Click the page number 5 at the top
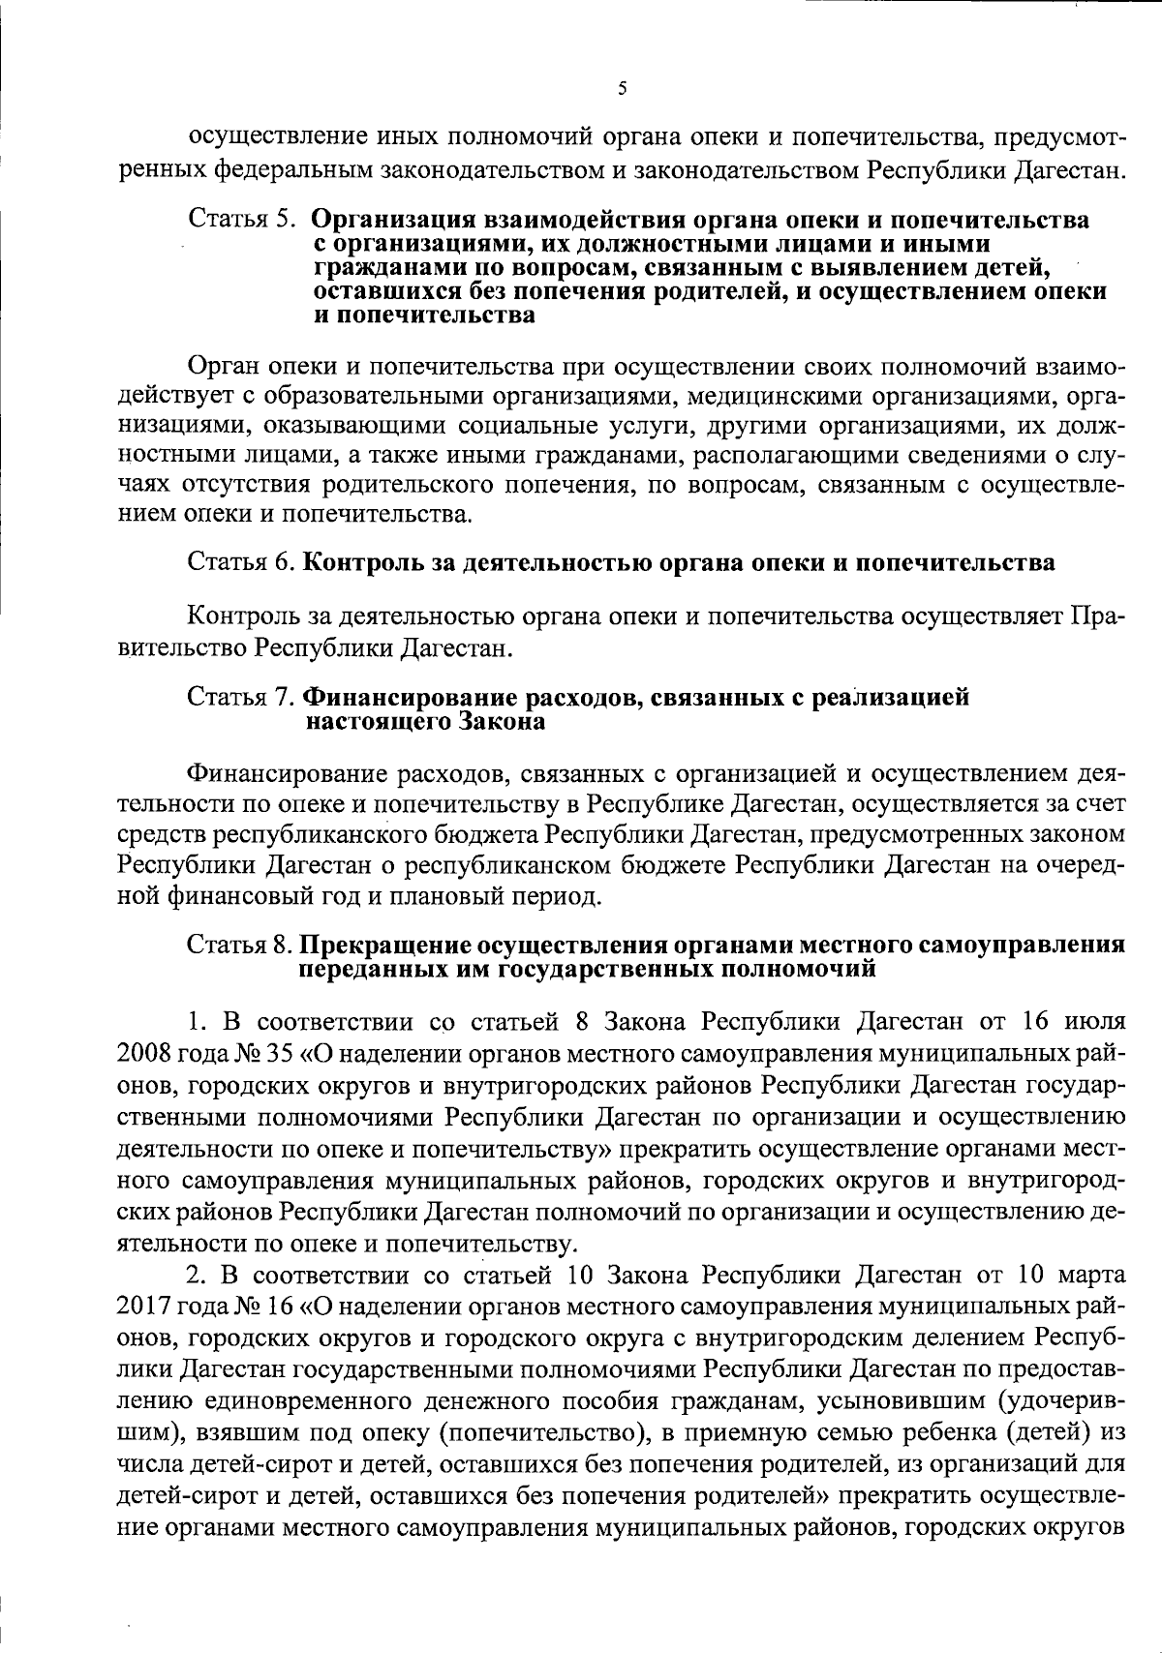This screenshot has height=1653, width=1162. (622, 88)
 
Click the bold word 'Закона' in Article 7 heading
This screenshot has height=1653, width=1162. (501, 721)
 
